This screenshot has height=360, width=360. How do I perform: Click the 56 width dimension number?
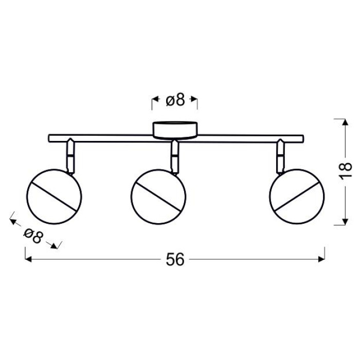point(175,259)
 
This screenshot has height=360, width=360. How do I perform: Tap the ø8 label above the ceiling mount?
point(175,100)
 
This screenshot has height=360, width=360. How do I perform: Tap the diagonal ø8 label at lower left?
point(33,236)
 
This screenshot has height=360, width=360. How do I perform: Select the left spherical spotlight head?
point(54,196)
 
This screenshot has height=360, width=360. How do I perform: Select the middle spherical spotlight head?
point(158,196)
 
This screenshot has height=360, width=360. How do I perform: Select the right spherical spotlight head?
point(297,196)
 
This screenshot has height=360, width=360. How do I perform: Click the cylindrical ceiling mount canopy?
point(175,131)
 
